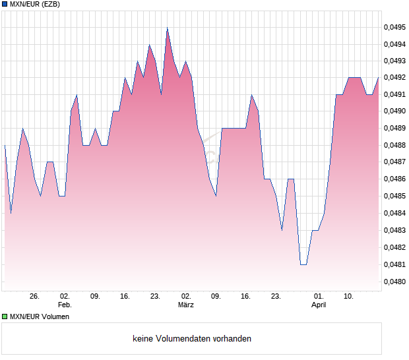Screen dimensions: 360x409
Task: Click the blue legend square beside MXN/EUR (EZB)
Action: [x=5, y=5]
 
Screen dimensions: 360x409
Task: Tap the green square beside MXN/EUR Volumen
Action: [x=5, y=316]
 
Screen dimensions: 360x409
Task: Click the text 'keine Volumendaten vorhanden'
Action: [x=192, y=339]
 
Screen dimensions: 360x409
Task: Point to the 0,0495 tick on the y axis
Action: [x=395, y=28]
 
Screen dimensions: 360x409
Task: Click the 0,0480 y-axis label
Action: [x=395, y=282]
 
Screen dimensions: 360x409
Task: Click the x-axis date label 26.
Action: [x=35, y=297]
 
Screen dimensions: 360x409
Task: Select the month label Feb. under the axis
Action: [x=65, y=305]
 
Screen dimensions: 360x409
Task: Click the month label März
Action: [x=186, y=305]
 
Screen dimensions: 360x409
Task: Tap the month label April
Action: [x=319, y=305]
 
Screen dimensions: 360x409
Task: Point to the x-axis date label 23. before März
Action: [x=155, y=297]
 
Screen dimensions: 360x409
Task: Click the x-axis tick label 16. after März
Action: [x=246, y=297]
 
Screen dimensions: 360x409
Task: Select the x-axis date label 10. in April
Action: [x=349, y=297]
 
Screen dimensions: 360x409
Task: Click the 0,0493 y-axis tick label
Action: [x=395, y=61]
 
